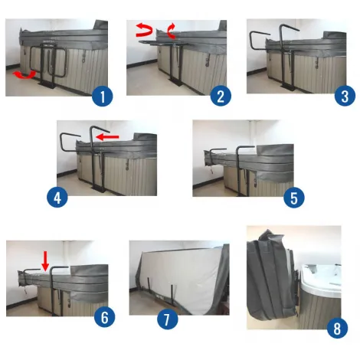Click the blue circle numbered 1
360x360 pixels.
(x=102, y=97)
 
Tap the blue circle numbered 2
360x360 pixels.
(x=221, y=97)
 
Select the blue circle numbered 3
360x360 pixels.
(x=345, y=96)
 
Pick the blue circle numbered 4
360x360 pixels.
(x=57, y=198)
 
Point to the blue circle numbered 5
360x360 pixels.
(x=294, y=198)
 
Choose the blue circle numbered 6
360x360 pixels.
(x=104, y=317)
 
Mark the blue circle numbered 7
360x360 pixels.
(x=167, y=319)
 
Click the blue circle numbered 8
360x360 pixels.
(x=337, y=328)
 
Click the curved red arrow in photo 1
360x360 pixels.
(x=25, y=75)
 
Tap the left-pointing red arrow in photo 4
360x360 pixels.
(x=107, y=137)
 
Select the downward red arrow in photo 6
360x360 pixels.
(x=45, y=261)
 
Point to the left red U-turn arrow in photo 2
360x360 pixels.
(x=144, y=30)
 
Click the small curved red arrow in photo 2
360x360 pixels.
(x=172, y=31)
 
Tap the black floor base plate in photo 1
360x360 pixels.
(x=47, y=84)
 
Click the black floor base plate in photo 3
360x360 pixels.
(x=288, y=87)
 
